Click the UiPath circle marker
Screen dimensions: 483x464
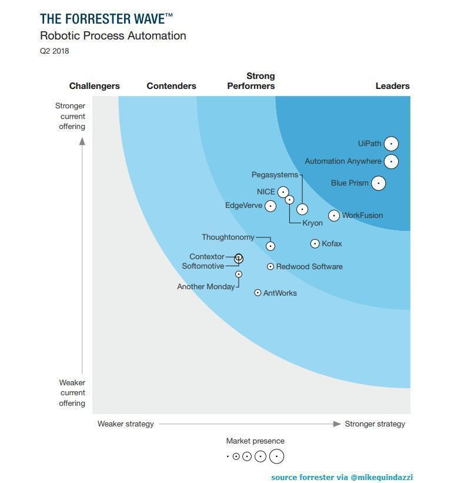click(x=391, y=144)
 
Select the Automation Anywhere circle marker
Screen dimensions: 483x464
click(x=391, y=161)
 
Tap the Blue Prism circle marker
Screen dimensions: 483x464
click(x=379, y=183)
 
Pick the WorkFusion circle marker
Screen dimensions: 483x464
click(x=334, y=216)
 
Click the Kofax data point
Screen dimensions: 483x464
click(x=315, y=244)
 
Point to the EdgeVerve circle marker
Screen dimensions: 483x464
click(x=271, y=206)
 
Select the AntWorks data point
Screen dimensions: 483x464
click(x=258, y=293)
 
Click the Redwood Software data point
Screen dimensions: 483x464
click(x=271, y=267)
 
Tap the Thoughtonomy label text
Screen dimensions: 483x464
click(x=228, y=237)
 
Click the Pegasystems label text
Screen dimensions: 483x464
click(x=275, y=175)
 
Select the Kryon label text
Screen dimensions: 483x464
click(x=312, y=223)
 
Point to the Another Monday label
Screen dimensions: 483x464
click(x=206, y=287)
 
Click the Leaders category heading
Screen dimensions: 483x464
click(x=392, y=86)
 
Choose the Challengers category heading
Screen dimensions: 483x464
click(x=94, y=86)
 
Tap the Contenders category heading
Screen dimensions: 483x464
click(x=171, y=86)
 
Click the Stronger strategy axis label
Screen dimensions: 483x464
click(x=375, y=424)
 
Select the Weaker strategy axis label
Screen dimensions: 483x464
click(x=126, y=424)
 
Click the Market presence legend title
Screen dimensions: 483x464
click(x=255, y=441)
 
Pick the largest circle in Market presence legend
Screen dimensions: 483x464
click(x=276, y=456)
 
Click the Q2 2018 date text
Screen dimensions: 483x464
click(x=55, y=51)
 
